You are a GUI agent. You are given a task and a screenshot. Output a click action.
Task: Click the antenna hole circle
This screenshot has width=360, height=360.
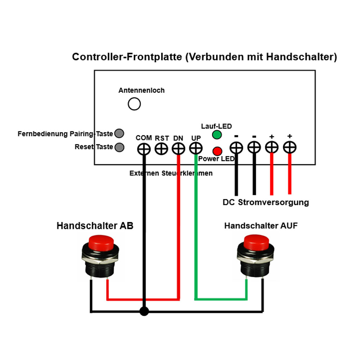click(x=134, y=104)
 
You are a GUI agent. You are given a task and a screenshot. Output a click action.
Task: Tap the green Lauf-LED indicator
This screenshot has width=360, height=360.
click(x=217, y=135)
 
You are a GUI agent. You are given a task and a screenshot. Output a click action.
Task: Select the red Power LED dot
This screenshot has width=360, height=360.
click(x=217, y=151)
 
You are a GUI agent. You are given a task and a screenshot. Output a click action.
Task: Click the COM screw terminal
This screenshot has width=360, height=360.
click(x=144, y=148)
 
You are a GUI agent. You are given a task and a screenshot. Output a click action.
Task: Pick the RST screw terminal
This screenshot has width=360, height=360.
click(x=161, y=148)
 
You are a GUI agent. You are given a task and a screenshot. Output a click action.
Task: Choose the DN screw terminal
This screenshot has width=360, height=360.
click(x=178, y=148)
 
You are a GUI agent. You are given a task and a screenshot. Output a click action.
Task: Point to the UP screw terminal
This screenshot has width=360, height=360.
click(x=196, y=148)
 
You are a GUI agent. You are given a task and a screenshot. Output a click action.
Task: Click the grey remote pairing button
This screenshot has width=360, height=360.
click(x=119, y=134)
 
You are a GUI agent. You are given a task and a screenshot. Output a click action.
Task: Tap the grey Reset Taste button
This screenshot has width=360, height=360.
click(x=119, y=147)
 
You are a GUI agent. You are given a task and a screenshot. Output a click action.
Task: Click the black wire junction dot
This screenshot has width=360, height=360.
click(x=144, y=311)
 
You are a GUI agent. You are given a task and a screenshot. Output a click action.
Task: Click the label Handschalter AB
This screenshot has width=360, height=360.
click(x=95, y=226)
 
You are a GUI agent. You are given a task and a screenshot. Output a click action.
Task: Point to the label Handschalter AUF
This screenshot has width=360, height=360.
click(x=261, y=226)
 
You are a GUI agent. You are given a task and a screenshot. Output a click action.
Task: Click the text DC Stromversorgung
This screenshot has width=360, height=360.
click(x=266, y=202)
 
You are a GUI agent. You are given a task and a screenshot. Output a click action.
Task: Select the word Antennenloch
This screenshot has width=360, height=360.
click(x=141, y=90)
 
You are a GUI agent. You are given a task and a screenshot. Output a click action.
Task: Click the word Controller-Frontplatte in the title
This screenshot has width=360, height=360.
click(x=127, y=57)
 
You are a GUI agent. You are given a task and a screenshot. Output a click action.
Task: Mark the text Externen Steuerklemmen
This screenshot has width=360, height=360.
click(x=171, y=173)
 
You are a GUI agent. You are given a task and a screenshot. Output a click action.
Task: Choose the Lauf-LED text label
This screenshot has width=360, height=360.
click(x=216, y=126)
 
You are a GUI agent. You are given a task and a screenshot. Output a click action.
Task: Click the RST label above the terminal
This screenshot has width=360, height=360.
click(x=162, y=138)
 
